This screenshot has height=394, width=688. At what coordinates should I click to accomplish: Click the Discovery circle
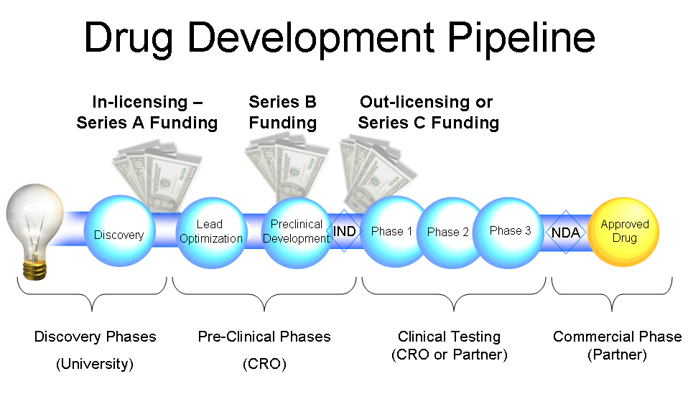coord(119,230)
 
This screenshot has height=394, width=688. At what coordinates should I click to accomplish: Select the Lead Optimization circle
coord(211,233)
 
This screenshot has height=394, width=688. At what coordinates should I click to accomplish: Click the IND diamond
coord(344,231)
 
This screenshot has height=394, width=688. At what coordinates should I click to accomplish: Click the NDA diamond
coord(566,233)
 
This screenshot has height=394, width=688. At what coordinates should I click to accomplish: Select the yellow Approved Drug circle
coord(623,232)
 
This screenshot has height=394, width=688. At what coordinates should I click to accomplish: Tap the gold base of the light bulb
coord(35,268)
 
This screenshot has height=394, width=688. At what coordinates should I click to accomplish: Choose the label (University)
coord(95,364)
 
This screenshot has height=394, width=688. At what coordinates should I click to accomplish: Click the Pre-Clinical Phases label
coord(264,337)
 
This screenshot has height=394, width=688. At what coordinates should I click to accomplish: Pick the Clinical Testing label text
coord(450,337)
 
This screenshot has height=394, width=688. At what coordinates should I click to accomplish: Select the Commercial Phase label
coord(618,337)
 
